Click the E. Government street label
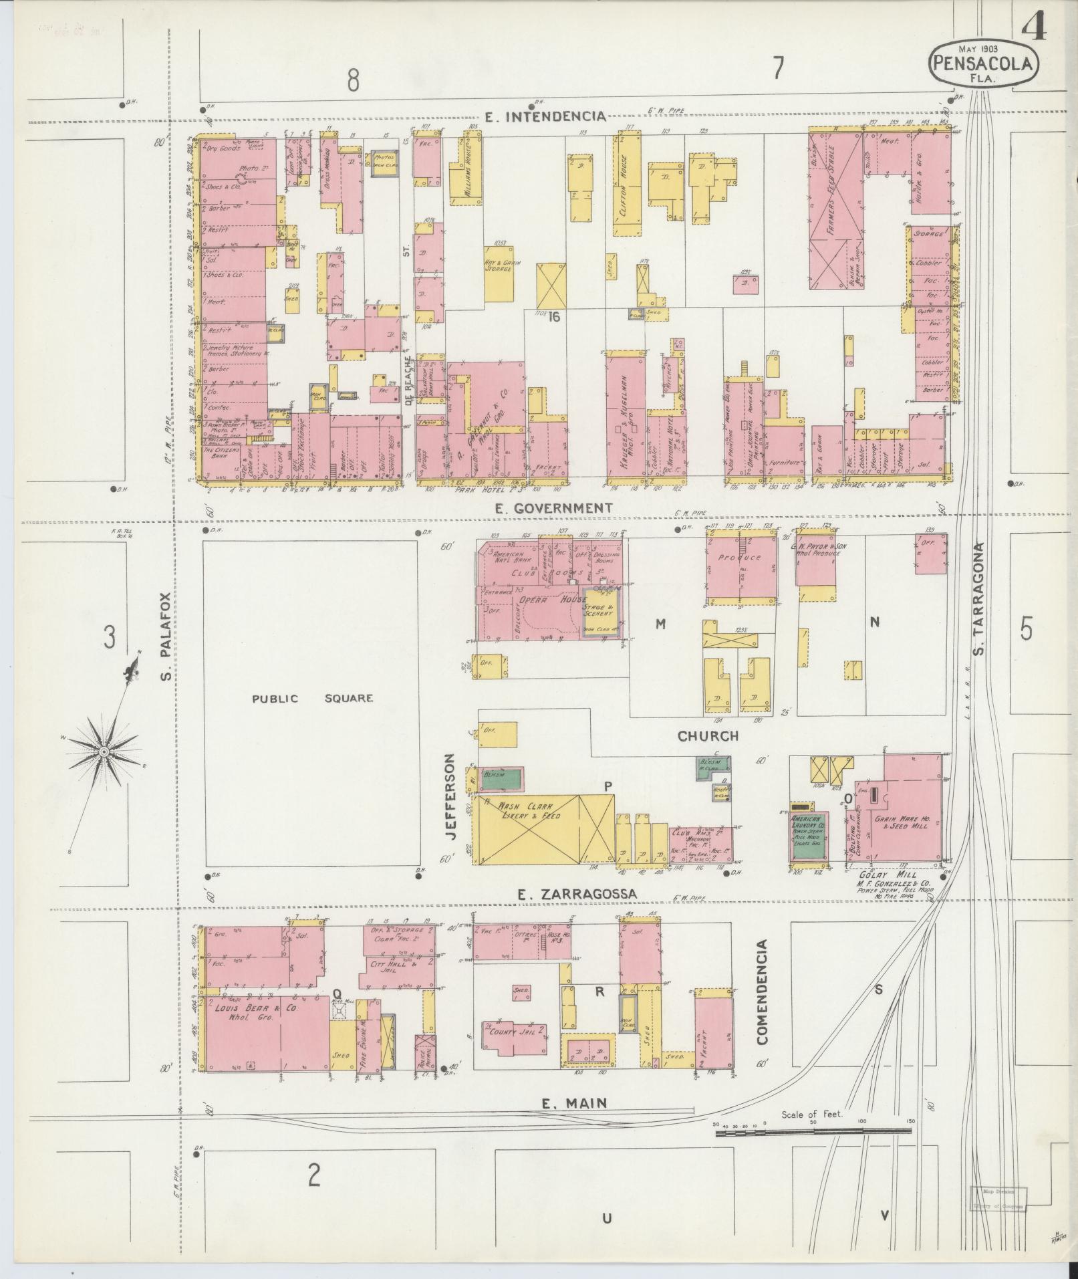(x=553, y=508)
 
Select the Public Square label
(x=312, y=699)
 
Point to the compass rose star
(x=104, y=752)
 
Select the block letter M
(x=660, y=624)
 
